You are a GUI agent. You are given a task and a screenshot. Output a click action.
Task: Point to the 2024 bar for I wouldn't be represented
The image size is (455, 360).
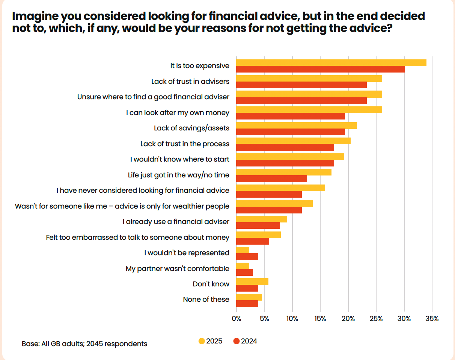(247, 257)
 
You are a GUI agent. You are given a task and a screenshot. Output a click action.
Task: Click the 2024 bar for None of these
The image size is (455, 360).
(247, 304)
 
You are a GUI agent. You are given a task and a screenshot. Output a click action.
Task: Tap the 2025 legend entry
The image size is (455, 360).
(210, 341)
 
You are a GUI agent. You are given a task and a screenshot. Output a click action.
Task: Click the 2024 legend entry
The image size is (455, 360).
(245, 341)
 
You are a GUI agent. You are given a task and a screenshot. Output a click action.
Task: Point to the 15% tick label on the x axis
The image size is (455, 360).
(320, 319)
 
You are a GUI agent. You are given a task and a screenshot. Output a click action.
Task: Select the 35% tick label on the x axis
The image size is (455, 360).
(432, 319)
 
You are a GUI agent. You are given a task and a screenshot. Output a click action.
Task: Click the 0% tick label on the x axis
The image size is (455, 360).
(237, 319)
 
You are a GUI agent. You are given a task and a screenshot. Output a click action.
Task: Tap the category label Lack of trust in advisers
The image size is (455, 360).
(190, 81)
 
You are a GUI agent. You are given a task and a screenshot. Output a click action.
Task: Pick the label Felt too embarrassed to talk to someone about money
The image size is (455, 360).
(137, 237)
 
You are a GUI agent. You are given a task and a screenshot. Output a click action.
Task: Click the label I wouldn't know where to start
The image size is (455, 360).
(180, 159)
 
